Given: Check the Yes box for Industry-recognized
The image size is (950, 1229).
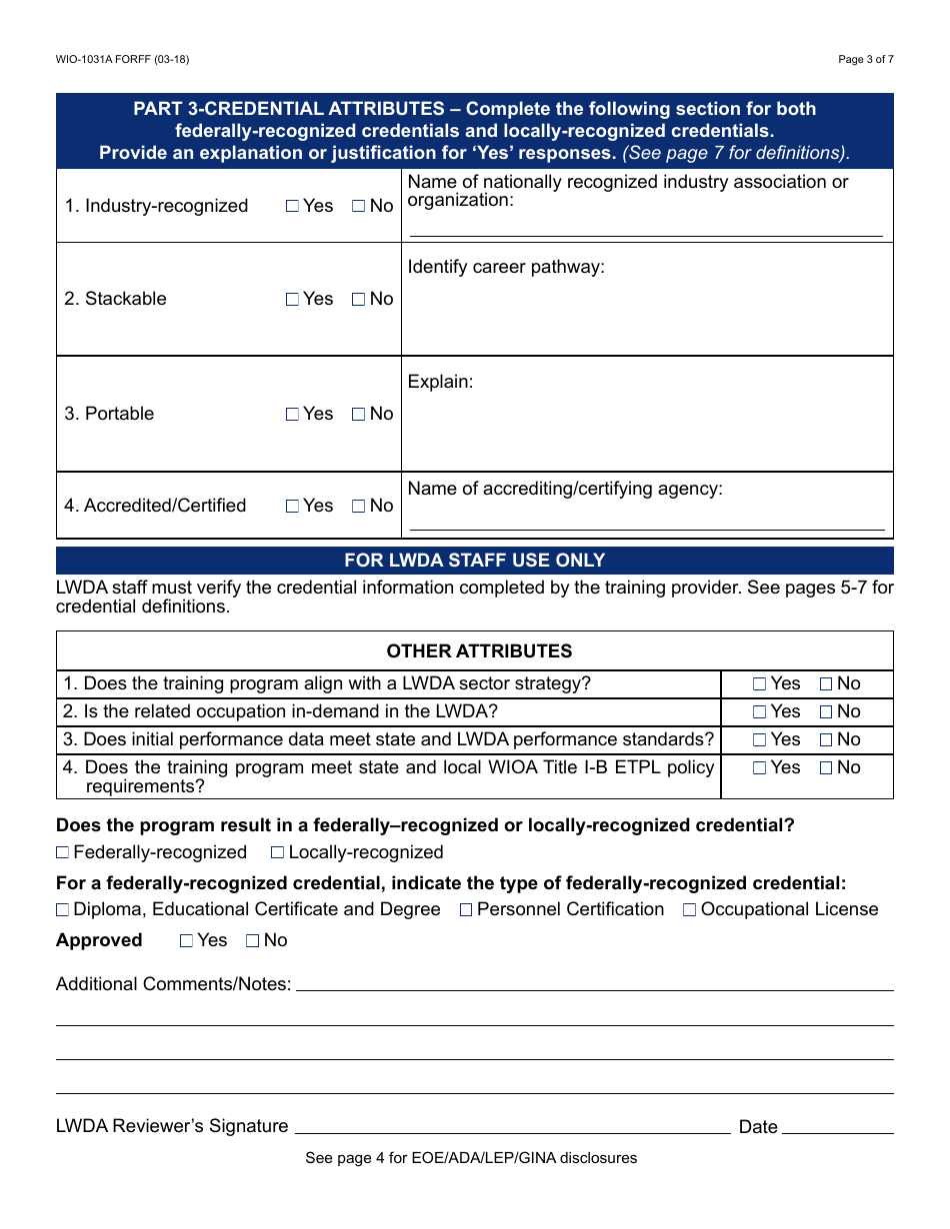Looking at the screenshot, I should coord(292,206).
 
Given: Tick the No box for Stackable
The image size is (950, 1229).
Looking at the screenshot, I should coord(358,299).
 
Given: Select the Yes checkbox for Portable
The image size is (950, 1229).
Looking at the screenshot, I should coord(292,414).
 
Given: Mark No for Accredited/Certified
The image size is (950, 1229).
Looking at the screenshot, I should coord(358,506).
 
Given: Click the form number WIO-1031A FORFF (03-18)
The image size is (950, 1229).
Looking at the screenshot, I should coord(122,59).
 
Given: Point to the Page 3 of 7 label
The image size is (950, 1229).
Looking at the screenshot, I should coord(865,59).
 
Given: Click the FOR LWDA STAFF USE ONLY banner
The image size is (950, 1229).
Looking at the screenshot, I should coord(474,561).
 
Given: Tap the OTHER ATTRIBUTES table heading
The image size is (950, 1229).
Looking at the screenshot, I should coord(479,651).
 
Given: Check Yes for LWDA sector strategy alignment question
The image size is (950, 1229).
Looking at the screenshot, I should coord(759,684).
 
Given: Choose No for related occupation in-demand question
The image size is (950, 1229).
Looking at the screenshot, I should coord(826,712).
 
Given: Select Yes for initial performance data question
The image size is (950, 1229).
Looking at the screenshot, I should coord(759,740).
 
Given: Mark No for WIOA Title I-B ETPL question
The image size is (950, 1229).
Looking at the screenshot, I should coord(826,768).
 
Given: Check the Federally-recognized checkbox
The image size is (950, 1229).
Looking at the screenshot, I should coord(63,852).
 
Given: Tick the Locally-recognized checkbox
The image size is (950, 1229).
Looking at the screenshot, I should coord(278,852).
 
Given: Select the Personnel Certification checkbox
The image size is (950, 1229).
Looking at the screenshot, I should coord(466,910).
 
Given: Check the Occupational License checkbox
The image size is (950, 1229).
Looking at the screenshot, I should coord(690,910).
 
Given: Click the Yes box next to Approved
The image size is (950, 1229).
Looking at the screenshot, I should coord(186,940).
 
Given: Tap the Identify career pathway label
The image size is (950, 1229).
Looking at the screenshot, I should coord(506,267).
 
